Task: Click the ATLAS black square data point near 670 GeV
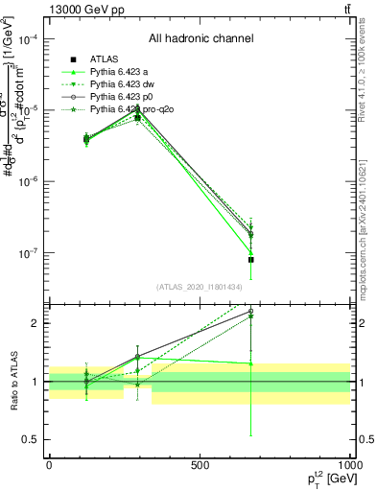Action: (250, 259)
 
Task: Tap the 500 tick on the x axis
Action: (200, 465)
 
